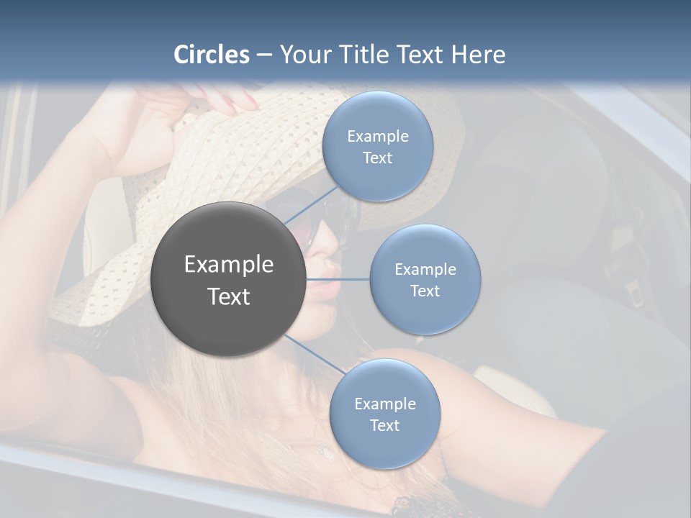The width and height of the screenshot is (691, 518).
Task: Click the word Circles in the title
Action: pyautogui.click(x=211, y=55)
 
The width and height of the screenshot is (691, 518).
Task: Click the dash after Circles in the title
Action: pyautogui.click(x=263, y=55)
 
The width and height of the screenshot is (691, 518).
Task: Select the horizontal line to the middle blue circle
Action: pyautogui.click(x=338, y=279)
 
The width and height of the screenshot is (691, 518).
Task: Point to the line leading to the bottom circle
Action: pyautogui.click(x=315, y=354)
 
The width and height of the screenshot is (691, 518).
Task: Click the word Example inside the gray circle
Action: pyautogui.click(x=228, y=264)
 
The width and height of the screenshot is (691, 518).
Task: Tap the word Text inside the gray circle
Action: pyautogui.click(x=228, y=296)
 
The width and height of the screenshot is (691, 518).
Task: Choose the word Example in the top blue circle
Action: pyautogui.click(x=377, y=136)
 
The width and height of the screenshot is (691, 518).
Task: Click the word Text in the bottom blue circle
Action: pyautogui.click(x=384, y=425)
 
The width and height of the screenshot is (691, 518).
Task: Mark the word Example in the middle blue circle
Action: pyautogui.click(x=425, y=269)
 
